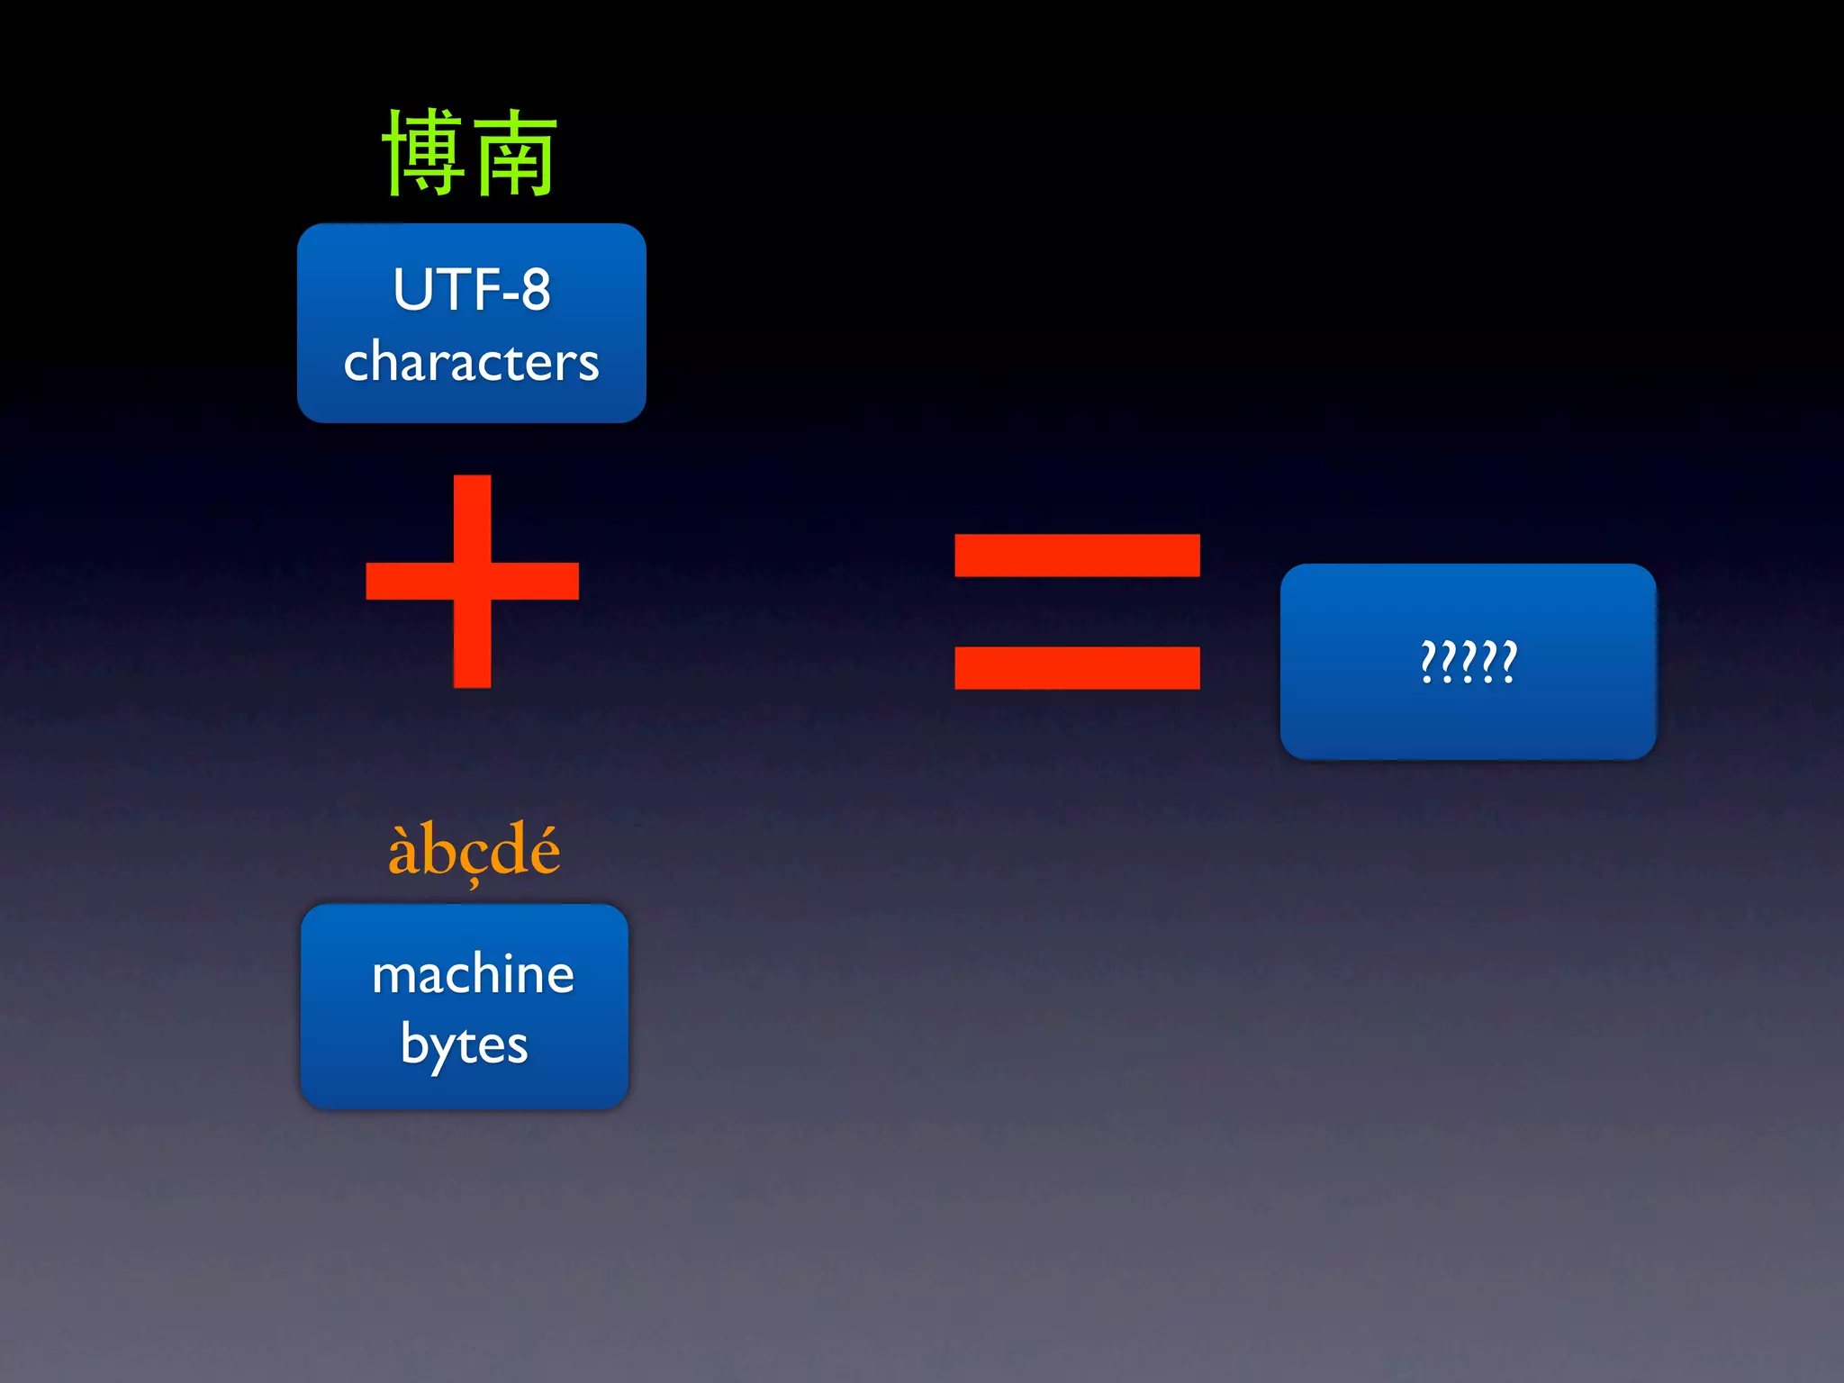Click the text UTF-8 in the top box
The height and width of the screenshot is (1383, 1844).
(471, 290)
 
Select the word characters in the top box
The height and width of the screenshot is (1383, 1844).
(471, 362)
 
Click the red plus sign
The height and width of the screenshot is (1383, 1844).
(472, 581)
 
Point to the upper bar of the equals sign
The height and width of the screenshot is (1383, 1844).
(1077, 555)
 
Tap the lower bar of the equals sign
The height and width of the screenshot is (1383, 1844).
(1077, 667)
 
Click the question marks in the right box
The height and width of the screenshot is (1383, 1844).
(1469, 662)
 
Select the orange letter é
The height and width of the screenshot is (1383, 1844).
(543, 850)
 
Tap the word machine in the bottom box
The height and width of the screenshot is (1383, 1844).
(473, 974)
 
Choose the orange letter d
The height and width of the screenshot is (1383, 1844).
(507, 849)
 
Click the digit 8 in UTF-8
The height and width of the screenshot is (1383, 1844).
(535, 290)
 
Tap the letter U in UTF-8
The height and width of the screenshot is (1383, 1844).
(411, 290)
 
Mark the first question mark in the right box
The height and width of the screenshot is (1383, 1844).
(1428, 662)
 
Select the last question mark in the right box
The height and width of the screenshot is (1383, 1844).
(1509, 662)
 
